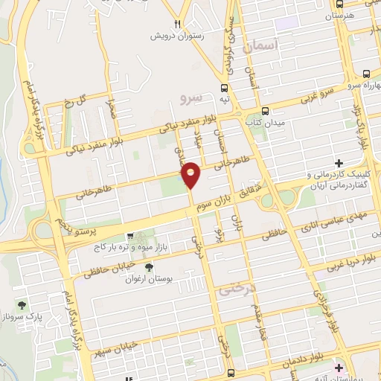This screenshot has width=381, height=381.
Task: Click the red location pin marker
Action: point(191,174)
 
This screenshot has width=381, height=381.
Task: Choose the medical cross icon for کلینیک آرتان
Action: point(339,163)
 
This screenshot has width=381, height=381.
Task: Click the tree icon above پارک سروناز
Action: point(22,305)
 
